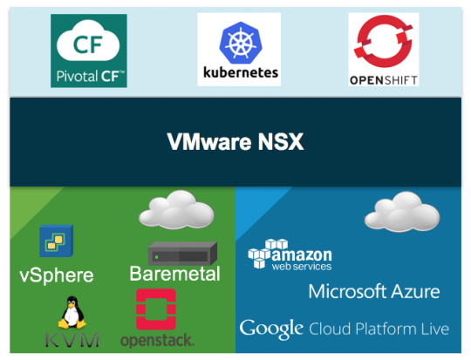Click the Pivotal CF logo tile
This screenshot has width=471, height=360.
[89, 51]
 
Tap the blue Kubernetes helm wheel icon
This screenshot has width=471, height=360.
[241, 43]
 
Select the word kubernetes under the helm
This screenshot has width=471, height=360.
[241, 72]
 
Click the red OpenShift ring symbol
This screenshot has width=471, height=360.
[383, 41]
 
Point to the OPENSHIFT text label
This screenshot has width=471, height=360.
[384, 80]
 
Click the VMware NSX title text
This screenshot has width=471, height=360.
[235, 142]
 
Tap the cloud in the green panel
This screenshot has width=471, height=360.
[176, 209]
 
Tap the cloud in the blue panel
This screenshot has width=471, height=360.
[402, 212]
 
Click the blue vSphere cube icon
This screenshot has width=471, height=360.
[57, 241]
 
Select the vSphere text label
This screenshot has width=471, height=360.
[57, 275]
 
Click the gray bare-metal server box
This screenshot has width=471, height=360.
[182, 254]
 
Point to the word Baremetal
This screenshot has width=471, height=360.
[174, 274]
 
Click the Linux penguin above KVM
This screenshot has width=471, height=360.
[72, 312]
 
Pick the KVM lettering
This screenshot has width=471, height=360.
[72, 340]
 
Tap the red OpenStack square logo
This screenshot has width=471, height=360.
[156, 309]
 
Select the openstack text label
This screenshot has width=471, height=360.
[157, 340]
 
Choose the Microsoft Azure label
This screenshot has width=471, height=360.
[374, 291]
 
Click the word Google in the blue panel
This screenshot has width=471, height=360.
[271, 329]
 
